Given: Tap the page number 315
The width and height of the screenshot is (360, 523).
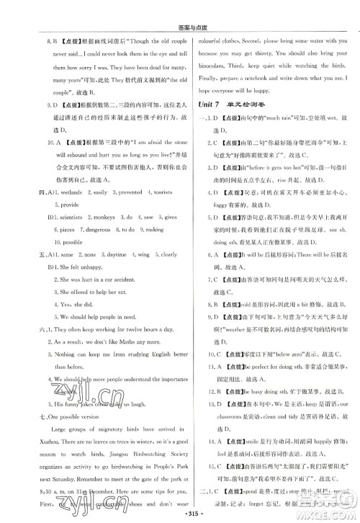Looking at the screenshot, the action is [179, 514].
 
